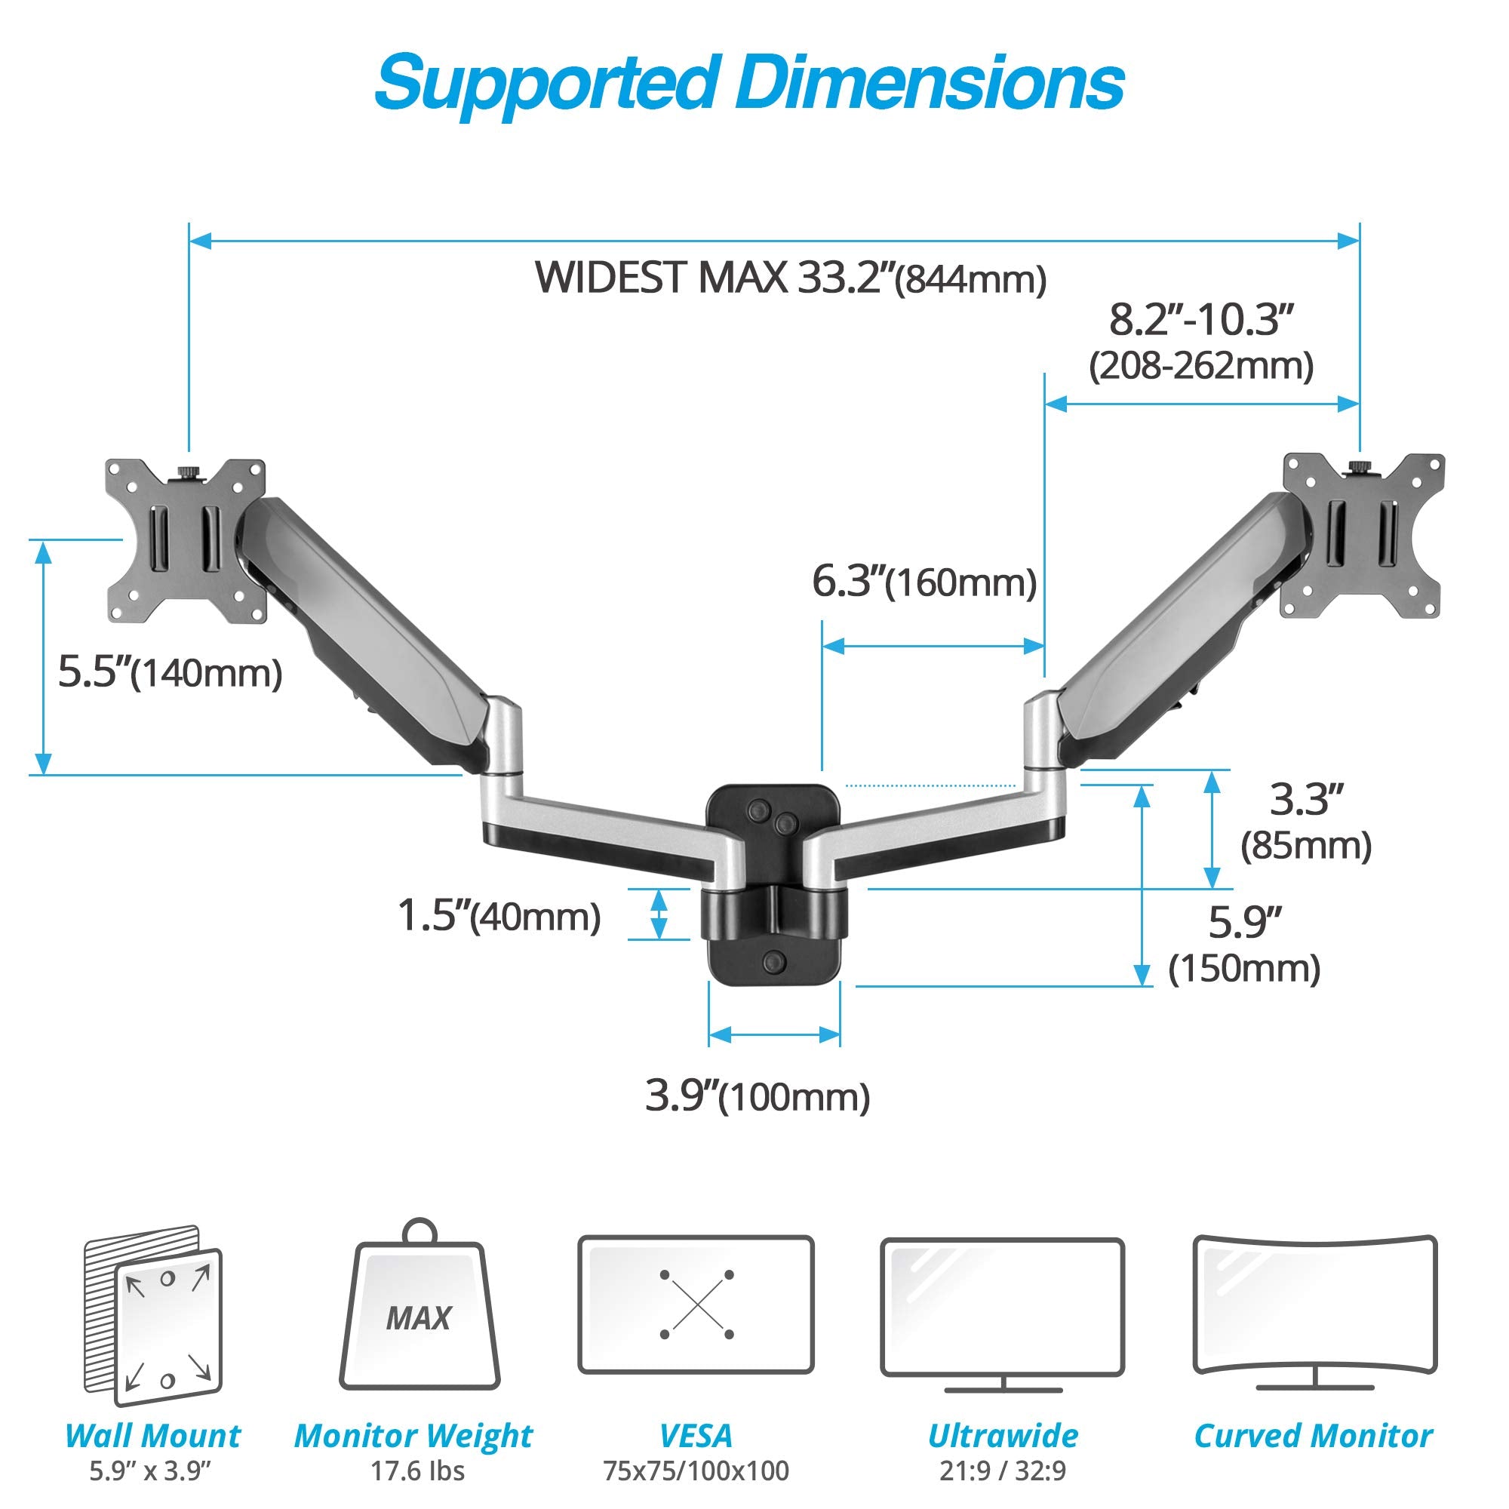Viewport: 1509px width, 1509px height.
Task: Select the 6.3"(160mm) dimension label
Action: tap(925, 582)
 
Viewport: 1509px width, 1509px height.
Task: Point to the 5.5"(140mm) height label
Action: tap(171, 672)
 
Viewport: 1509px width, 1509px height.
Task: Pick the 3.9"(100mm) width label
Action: tap(757, 1096)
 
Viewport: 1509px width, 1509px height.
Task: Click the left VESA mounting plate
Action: tap(186, 540)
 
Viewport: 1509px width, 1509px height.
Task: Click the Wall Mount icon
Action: tap(153, 1317)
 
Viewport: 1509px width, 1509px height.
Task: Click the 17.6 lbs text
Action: tap(418, 1471)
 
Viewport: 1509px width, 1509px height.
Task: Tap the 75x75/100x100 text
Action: tap(696, 1471)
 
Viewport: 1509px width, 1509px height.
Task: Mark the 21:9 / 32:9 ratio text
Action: tap(1003, 1471)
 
